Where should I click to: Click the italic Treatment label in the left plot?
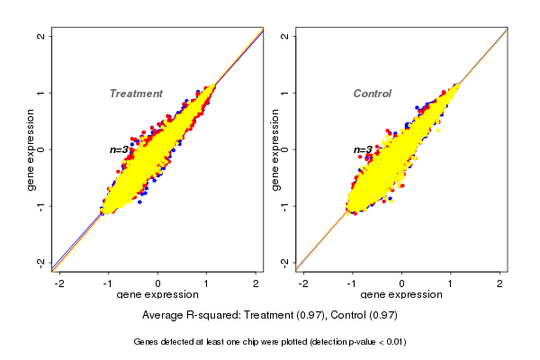pyautogui.click(x=136, y=94)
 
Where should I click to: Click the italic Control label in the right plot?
pyautogui.click(x=372, y=94)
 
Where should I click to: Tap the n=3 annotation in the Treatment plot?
pyautogui.click(x=120, y=149)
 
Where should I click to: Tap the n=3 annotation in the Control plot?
pyautogui.click(x=363, y=150)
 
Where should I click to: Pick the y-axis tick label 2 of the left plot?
pyautogui.click(x=41, y=36)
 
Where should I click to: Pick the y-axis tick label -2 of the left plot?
pyautogui.click(x=41, y=262)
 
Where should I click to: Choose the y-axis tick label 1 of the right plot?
pyautogui.click(x=285, y=93)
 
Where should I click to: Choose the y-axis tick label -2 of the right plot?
pyautogui.click(x=285, y=262)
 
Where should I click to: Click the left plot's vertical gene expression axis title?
pyautogui.click(x=31, y=149)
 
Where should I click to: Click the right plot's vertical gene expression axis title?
pyautogui.click(x=274, y=149)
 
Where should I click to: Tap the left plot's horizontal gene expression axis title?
pyautogui.click(x=158, y=295)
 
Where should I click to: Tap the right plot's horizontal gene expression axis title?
pyautogui.click(x=401, y=295)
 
